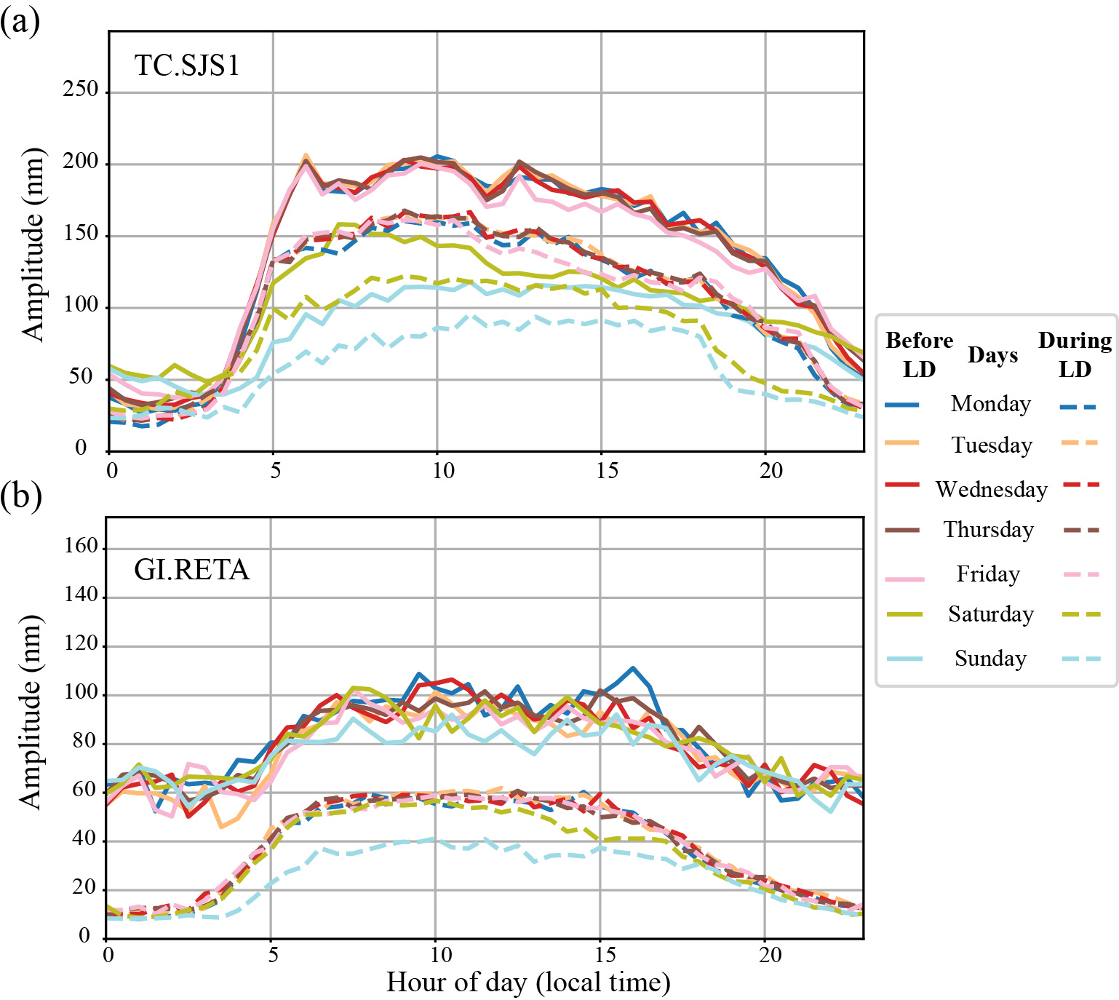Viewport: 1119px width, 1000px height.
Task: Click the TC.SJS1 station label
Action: tap(187, 66)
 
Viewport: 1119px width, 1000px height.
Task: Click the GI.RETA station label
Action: tap(191, 569)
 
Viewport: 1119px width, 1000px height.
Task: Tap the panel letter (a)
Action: tap(20, 21)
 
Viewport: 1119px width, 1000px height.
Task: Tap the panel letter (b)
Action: tap(20, 496)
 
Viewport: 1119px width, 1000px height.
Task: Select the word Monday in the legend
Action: tap(990, 404)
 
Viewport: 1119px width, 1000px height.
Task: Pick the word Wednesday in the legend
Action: tap(991, 489)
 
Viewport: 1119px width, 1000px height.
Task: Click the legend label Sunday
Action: tap(990, 659)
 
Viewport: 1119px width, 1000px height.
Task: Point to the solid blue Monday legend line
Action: tap(902, 405)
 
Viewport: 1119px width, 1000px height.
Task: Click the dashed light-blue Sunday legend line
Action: tap(1080, 659)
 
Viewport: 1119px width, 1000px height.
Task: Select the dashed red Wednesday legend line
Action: tap(1080, 485)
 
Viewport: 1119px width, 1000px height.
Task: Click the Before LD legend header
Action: tap(919, 354)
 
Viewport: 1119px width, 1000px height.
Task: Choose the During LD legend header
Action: tap(1075, 354)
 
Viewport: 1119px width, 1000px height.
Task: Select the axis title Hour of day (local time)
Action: tap(527, 983)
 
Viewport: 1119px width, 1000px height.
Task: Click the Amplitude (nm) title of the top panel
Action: tap(33, 244)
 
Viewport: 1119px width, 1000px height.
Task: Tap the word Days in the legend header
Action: tap(992, 355)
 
